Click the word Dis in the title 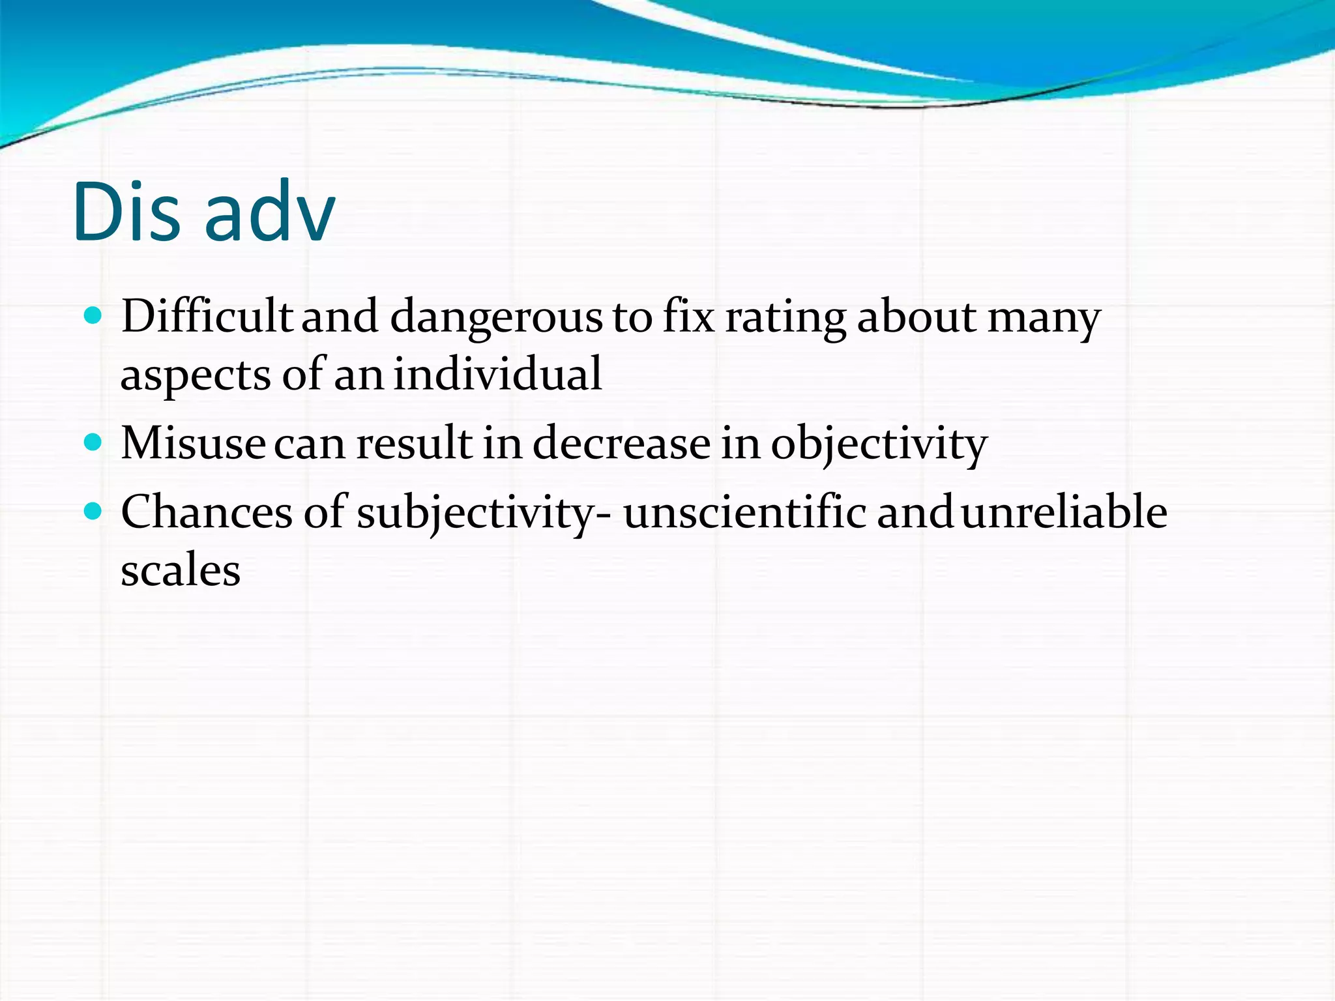pyautogui.click(x=126, y=212)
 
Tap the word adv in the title pyautogui.click(x=269, y=212)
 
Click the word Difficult pyautogui.click(x=207, y=317)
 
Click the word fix pyautogui.click(x=688, y=317)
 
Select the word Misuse pyautogui.click(x=193, y=443)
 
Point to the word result pyautogui.click(x=414, y=443)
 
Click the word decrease pyautogui.click(x=621, y=443)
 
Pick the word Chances pyautogui.click(x=207, y=512)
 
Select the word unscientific pyautogui.click(x=744, y=512)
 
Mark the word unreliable pyautogui.click(x=1064, y=512)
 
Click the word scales pyautogui.click(x=181, y=571)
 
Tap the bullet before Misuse pyautogui.click(x=94, y=443)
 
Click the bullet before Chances pyautogui.click(x=94, y=512)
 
